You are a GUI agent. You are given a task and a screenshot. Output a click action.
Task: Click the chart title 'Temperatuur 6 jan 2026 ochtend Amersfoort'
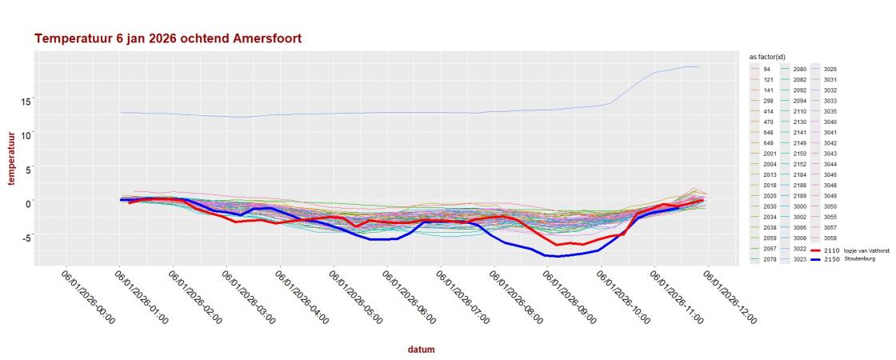coord(168,38)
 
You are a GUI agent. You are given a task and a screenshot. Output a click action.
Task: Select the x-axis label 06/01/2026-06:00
coord(408,296)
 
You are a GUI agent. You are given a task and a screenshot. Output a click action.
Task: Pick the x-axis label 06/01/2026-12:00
coord(729,296)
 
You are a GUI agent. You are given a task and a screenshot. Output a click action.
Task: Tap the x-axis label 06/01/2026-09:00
coord(569,296)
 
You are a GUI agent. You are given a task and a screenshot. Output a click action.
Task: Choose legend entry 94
coord(766,70)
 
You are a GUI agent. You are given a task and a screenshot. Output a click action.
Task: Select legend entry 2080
coord(799,70)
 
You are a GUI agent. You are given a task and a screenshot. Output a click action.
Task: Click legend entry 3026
coord(830,70)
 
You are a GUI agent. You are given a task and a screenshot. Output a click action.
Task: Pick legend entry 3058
coord(830,238)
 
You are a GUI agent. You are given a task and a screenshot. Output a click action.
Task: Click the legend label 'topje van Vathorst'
coord(867,250)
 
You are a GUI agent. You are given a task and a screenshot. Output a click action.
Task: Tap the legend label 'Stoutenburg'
coord(861,259)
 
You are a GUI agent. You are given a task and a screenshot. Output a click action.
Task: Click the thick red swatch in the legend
coord(818,250)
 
